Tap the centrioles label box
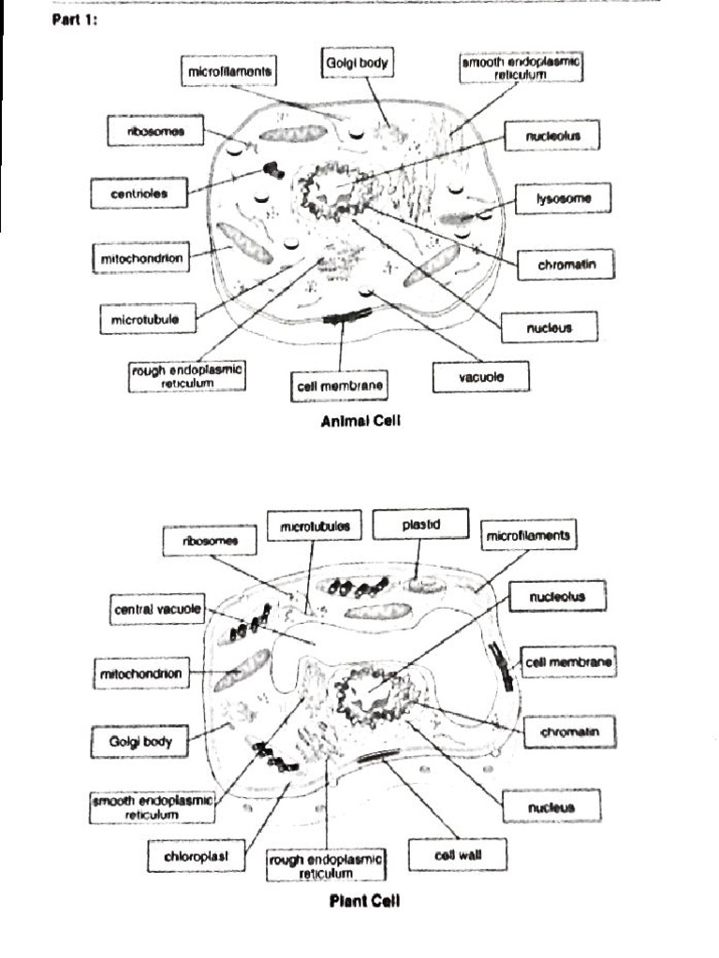coord(139,194)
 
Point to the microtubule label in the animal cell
coord(147,319)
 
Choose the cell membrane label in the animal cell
coord(339,385)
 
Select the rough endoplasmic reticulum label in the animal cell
coord(187,376)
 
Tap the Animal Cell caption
coord(360,421)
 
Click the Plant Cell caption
coord(364,902)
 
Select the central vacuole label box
coord(157,610)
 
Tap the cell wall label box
coord(458,853)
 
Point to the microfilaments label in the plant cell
coord(528,537)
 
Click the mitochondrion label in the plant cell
coord(139,672)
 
